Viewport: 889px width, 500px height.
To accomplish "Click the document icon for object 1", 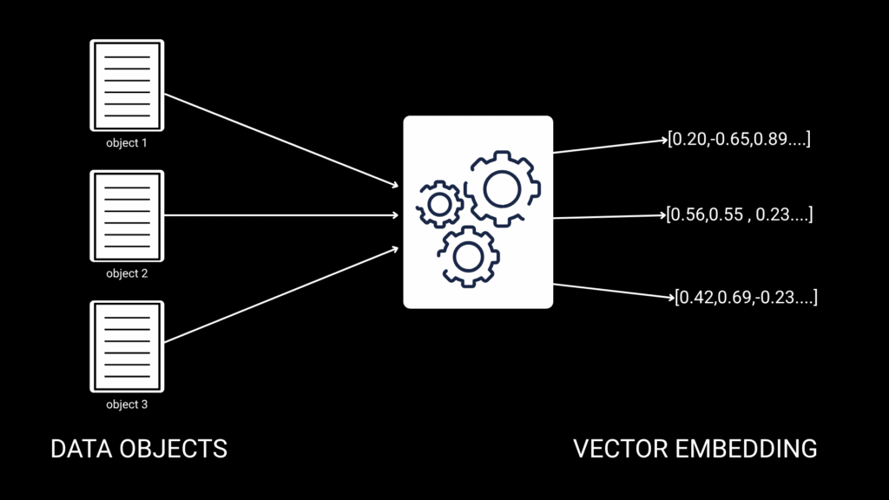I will tap(127, 85).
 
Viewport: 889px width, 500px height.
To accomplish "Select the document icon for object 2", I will tap(127, 216).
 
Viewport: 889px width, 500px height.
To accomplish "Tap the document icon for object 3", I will tap(127, 346).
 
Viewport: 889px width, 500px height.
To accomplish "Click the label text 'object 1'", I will tap(127, 143).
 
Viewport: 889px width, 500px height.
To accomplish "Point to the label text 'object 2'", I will tap(127, 273).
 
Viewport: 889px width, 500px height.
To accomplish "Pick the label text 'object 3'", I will tap(127, 405).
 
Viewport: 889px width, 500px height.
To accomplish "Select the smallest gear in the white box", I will tap(439, 205).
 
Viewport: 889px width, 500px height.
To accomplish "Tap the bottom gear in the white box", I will tap(467, 255).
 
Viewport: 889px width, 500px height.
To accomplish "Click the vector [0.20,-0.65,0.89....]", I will tap(739, 139).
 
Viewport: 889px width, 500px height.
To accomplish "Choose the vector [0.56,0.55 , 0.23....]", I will tap(739, 214).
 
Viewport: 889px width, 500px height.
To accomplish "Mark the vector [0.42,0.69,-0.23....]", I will tap(746, 298).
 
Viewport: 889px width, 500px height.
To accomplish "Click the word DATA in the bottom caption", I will tap(81, 449).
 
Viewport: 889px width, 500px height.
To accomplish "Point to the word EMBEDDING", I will tap(746, 449).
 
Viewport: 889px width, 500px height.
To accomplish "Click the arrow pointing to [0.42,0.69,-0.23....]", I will tap(612, 291).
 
